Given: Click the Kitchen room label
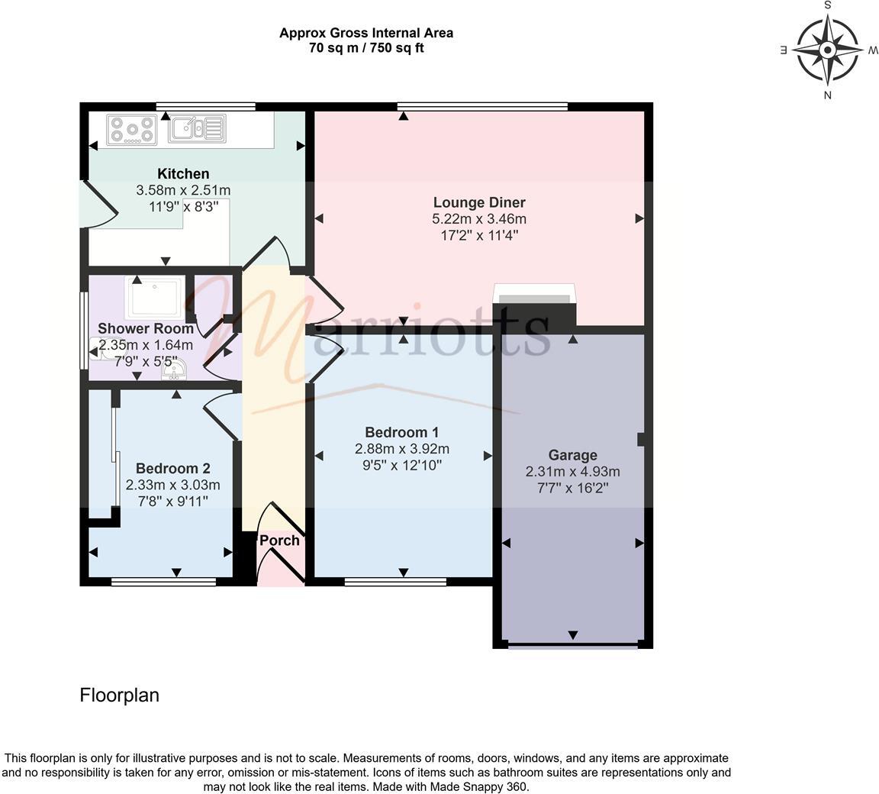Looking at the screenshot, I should click(183, 174).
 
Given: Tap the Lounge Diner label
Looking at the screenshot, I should click(479, 202).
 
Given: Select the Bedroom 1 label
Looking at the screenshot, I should click(401, 432).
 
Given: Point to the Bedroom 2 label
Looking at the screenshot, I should click(172, 468).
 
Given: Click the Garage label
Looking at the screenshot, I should click(572, 455).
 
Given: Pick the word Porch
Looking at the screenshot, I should click(279, 541).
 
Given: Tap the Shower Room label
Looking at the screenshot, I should click(145, 328).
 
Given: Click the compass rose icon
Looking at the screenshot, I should click(827, 50).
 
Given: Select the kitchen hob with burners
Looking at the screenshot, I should click(131, 129).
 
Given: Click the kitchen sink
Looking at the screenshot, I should click(197, 128).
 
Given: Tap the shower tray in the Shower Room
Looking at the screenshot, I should click(155, 299).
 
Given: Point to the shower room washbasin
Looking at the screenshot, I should click(174, 370).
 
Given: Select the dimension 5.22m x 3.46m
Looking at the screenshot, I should click(479, 219).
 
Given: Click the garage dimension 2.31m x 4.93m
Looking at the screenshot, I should click(572, 472).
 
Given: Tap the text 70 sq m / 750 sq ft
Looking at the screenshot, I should click(366, 48).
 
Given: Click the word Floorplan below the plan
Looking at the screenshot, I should click(120, 695).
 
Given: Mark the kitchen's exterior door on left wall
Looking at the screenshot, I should click(97, 205).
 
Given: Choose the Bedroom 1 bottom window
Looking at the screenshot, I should click(395, 582).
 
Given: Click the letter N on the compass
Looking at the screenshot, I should click(827, 95).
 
